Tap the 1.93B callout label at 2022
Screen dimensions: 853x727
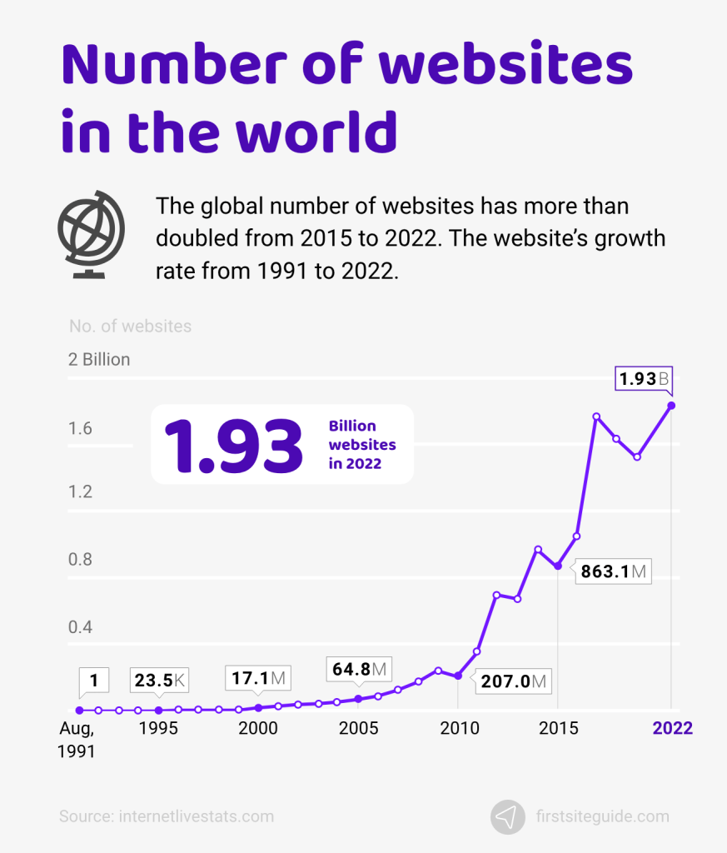[x=643, y=379]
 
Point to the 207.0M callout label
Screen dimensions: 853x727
[x=514, y=681]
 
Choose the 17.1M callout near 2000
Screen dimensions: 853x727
[x=258, y=679]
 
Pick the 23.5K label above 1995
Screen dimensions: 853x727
[x=159, y=681]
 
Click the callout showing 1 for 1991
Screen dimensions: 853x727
[x=94, y=681]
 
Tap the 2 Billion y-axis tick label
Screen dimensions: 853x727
[x=99, y=360]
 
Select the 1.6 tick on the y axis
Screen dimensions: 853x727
[x=80, y=429]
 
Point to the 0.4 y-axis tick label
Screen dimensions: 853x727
[x=80, y=626]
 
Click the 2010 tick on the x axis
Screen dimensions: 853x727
[x=458, y=728]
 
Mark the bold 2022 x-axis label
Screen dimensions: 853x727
[x=672, y=728]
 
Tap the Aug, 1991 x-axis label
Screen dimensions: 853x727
[x=77, y=739]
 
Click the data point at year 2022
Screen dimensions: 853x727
[x=671, y=406]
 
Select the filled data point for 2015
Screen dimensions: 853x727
[x=557, y=566]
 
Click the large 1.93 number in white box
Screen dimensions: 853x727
[x=233, y=446]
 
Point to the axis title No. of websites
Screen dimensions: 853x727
[x=130, y=326]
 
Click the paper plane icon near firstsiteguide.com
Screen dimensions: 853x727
[x=507, y=816]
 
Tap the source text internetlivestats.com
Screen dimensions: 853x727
[x=166, y=816]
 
